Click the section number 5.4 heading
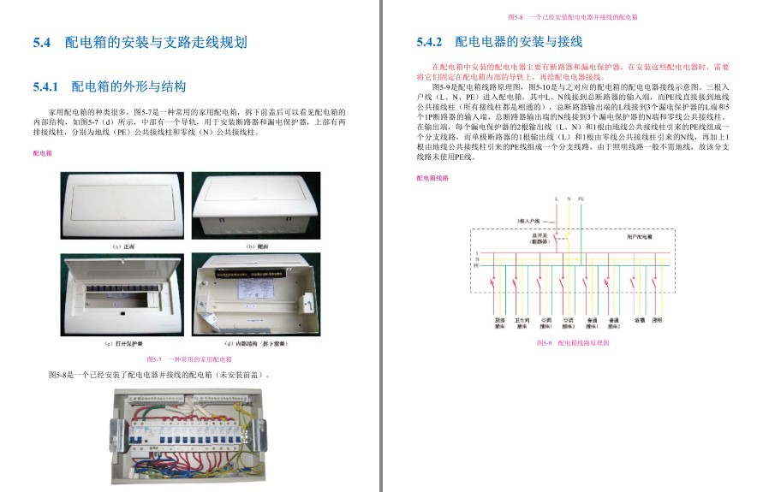point(42,43)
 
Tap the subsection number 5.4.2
point(429,43)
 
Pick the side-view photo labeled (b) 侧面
point(255,205)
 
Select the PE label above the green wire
point(582,199)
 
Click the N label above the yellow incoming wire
point(569,199)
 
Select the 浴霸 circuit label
point(639,320)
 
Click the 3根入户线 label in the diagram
point(528,220)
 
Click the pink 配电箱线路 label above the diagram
point(432,178)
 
